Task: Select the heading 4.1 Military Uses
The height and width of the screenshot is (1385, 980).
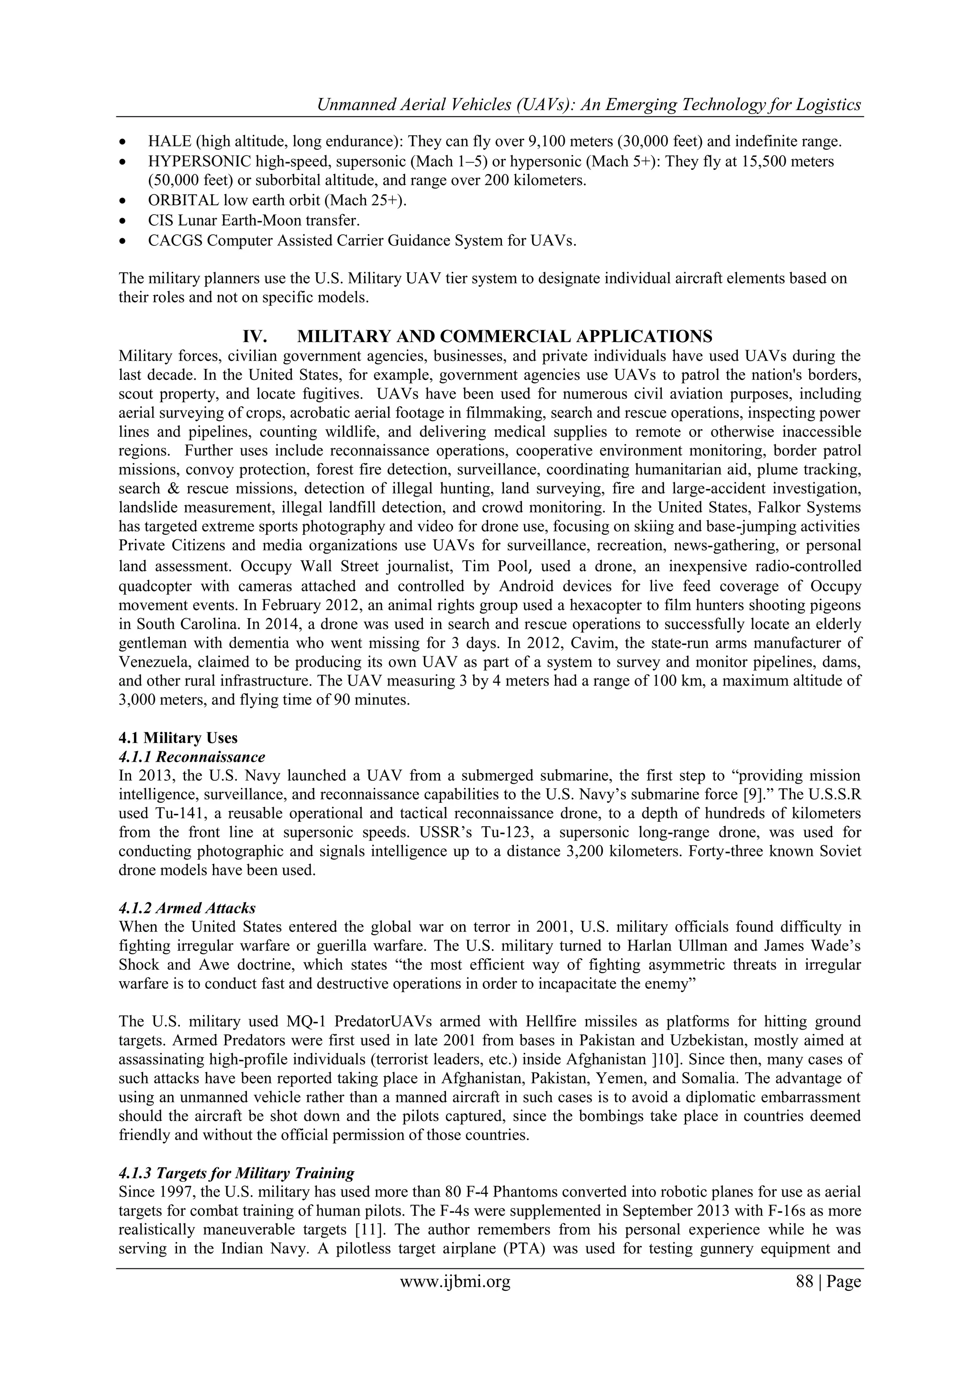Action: click(178, 738)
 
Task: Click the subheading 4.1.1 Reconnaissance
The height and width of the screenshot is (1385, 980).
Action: click(192, 756)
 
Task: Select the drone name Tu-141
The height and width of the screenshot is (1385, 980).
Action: click(176, 814)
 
